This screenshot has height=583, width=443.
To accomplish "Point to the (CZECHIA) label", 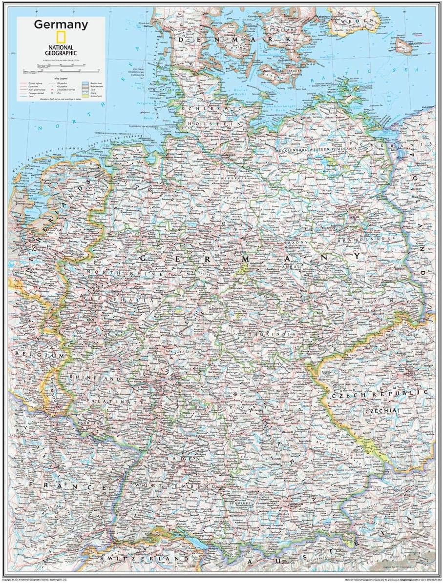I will tap(381, 411).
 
